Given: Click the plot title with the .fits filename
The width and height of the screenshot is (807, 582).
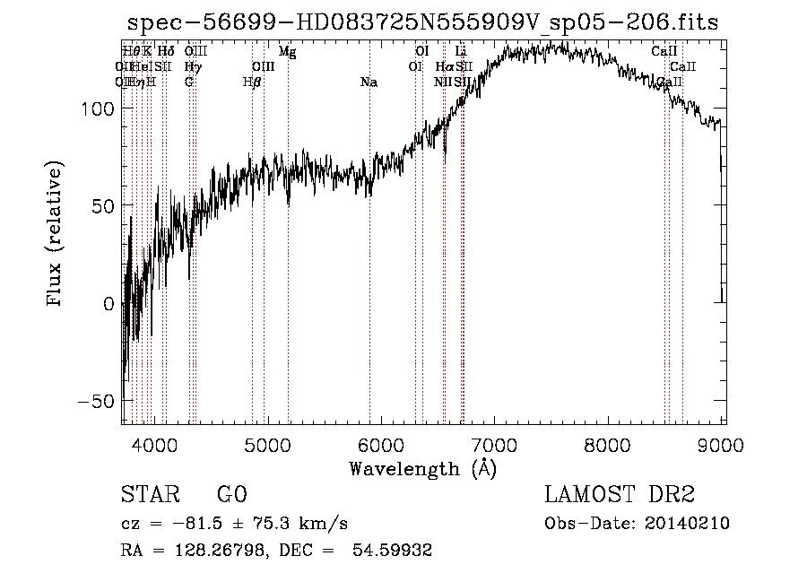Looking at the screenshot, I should click(x=422, y=22).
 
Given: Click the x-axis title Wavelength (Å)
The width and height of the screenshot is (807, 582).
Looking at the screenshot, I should click(x=421, y=468).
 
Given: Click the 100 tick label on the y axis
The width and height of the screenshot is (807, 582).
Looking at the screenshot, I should click(x=94, y=109).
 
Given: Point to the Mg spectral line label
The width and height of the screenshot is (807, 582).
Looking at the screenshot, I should click(x=287, y=52).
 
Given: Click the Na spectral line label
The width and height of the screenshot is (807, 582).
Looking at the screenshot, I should click(x=369, y=83).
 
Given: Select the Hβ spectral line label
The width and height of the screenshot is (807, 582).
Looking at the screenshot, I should click(x=252, y=83).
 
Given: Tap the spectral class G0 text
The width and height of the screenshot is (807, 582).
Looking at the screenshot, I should click(x=231, y=495).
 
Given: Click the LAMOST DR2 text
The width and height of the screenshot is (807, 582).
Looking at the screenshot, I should click(x=620, y=495).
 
